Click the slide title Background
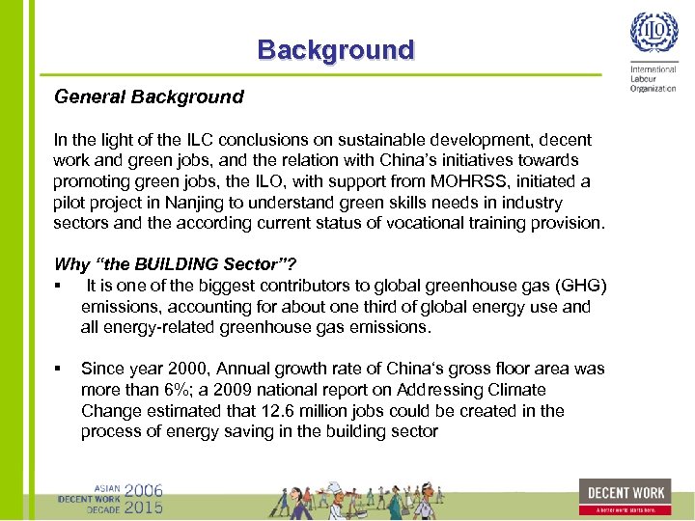click(x=335, y=50)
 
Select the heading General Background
click(x=149, y=96)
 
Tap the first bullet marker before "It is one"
click(x=59, y=286)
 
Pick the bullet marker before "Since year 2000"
click(x=59, y=369)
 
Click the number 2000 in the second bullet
click(x=189, y=369)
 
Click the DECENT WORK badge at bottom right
click(x=625, y=496)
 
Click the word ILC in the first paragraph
click(x=184, y=140)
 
